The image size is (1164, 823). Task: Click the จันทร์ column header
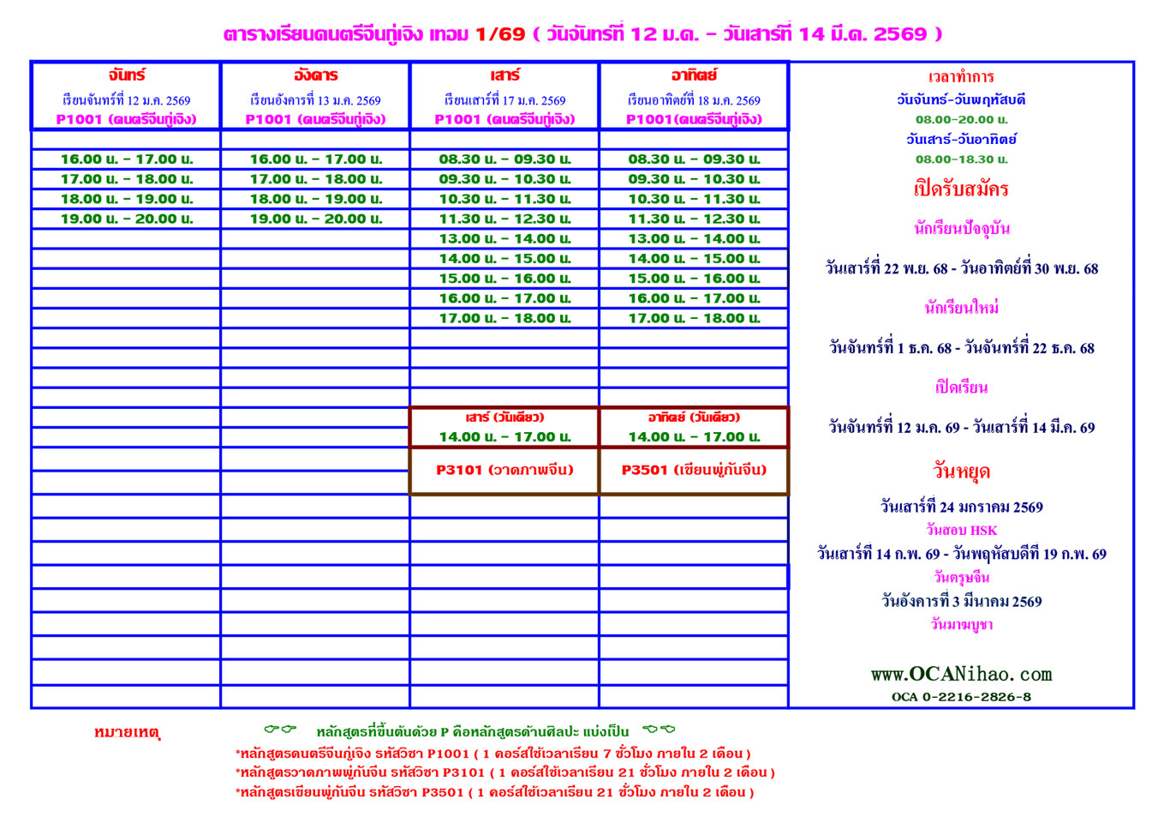pyautogui.click(x=126, y=75)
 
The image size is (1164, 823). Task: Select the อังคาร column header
pyautogui.click(x=315, y=75)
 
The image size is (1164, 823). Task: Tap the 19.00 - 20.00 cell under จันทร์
pyautogui.click(x=127, y=219)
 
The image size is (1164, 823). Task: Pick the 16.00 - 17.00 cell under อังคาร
pyautogui.click(x=316, y=159)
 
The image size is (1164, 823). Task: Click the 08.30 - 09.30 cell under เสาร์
pyautogui.click(x=504, y=159)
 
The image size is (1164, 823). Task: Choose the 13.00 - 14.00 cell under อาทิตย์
pyautogui.click(x=694, y=238)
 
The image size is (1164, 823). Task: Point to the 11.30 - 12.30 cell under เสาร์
pyautogui.click(x=504, y=219)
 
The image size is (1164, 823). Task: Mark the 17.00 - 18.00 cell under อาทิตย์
pyautogui.click(x=694, y=318)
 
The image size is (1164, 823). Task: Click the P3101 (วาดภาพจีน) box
pyautogui.click(x=504, y=470)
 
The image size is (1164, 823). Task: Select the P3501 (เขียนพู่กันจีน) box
pyautogui.click(x=694, y=470)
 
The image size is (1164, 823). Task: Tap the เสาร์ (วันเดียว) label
pyautogui.click(x=504, y=418)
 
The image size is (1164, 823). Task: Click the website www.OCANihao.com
pyautogui.click(x=961, y=675)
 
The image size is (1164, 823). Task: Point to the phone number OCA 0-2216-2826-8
pyautogui.click(x=961, y=697)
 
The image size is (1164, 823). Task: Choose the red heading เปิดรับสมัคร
pyautogui.click(x=961, y=189)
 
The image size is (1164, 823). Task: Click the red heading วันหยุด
pyautogui.click(x=961, y=472)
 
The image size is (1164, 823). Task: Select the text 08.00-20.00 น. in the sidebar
pyautogui.click(x=961, y=120)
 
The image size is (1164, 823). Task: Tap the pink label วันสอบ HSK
pyautogui.click(x=961, y=531)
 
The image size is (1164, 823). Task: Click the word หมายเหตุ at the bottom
pyautogui.click(x=127, y=733)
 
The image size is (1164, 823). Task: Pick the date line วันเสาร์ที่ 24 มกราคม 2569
pyautogui.click(x=961, y=508)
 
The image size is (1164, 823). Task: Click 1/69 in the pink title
pyautogui.click(x=499, y=34)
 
